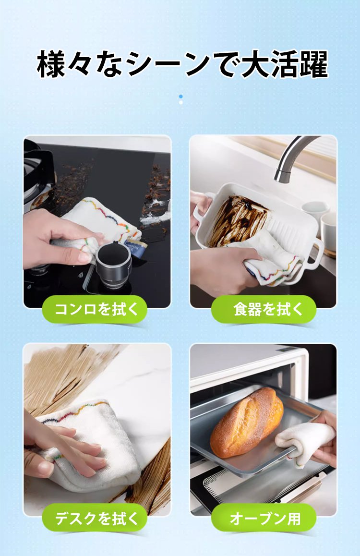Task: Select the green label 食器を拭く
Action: pyautogui.click(x=264, y=309)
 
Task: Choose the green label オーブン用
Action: pyautogui.click(x=264, y=518)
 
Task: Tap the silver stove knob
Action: pyautogui.click(x=113, y=262)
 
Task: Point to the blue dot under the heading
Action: pyautogui.click(x=180, y=97)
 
